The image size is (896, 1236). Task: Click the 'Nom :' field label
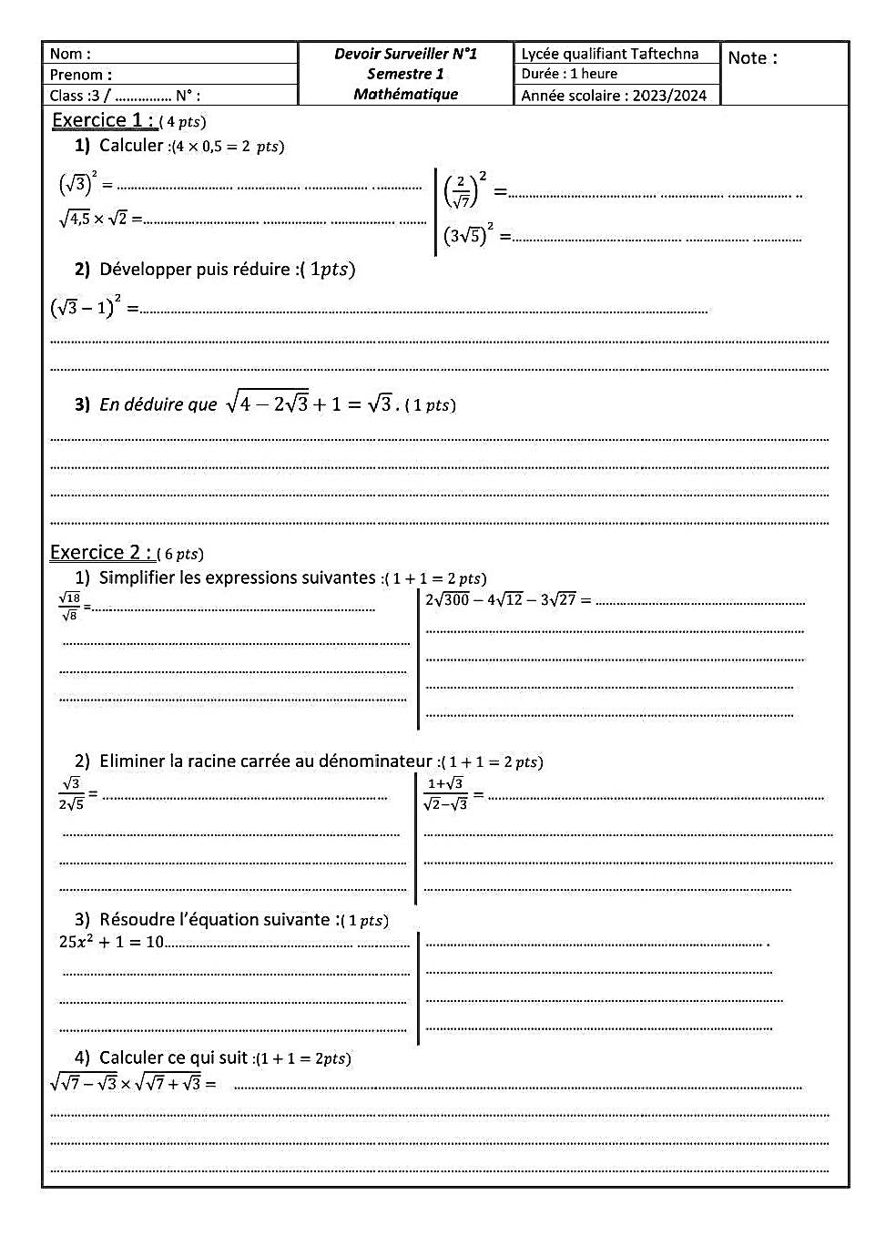point(70,55)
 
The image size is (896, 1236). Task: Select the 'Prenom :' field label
point(81,75)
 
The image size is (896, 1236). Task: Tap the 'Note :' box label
point(752,58)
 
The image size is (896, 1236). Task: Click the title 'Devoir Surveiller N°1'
point(405,54)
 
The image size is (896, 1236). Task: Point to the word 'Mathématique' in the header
point(405,94)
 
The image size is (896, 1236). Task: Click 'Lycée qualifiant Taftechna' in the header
point(609,54)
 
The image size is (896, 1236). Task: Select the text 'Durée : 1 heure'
point(569,74)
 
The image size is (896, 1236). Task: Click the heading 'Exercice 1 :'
point(103,120)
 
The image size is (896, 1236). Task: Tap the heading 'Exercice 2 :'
point(100,552)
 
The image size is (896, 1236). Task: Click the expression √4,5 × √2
point(94,219)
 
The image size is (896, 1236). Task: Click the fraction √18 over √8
point(69,607)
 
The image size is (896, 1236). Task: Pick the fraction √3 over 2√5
point(71,793)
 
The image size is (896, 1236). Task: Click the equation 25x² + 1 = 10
point(111,942)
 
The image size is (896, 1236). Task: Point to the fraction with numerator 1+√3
point(445,793)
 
